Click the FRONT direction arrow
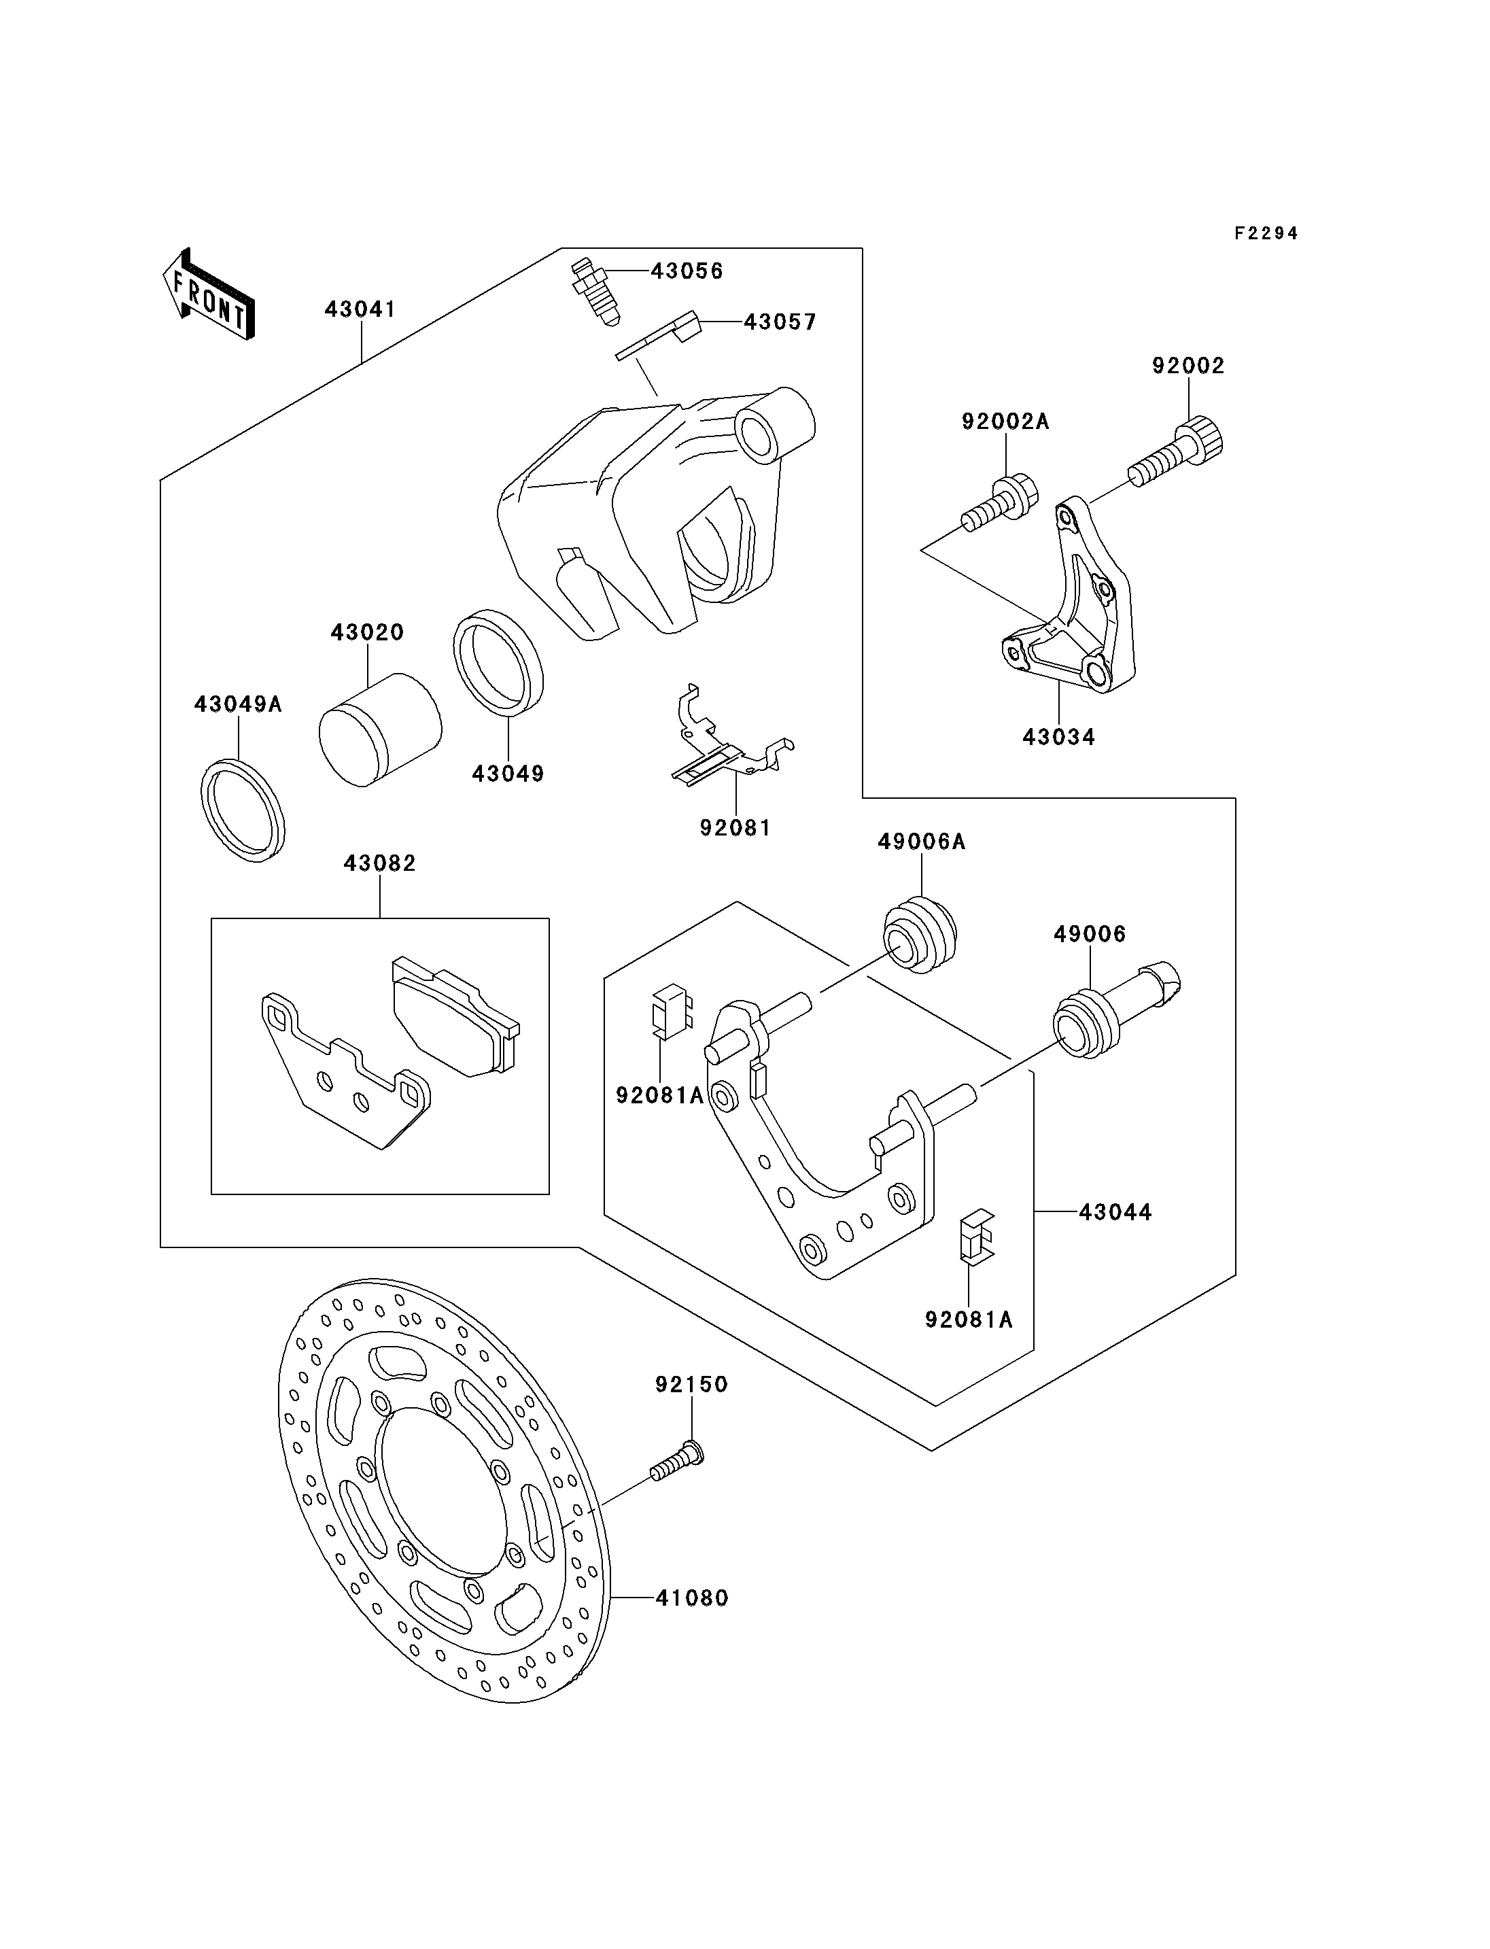(x=209, y=294)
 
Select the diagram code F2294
(x=1266, y=233)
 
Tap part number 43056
(x=687, y=271)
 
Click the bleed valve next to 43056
(x=593, y=291)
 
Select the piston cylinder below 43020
(x=379, y=728)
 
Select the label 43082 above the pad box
(x=379, y=863)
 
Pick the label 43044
(x=1115, y=1212)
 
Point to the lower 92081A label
(x=969, y=1345)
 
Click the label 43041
(x=360, y=309)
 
